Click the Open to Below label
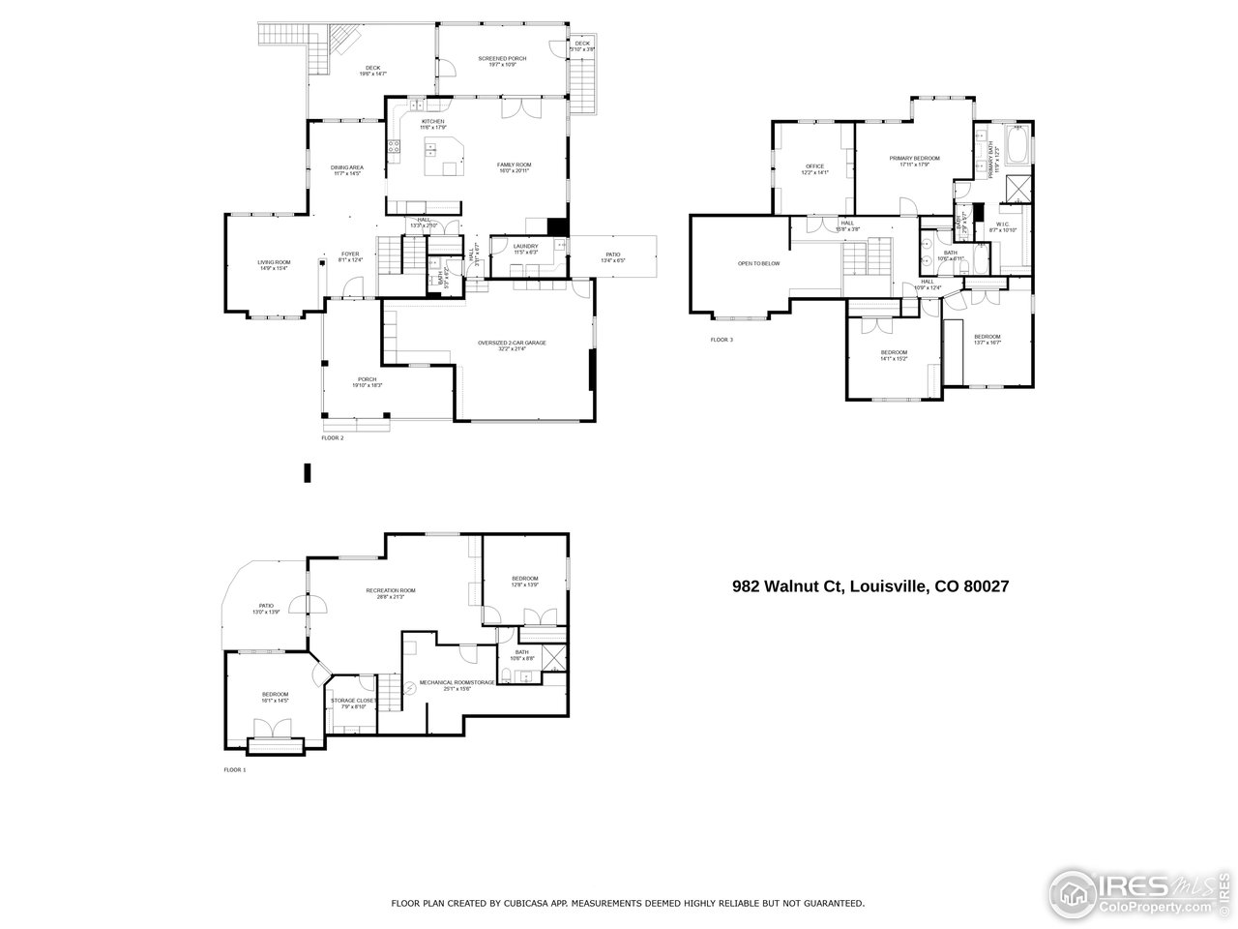point(759,263)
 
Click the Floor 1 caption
point(235,770)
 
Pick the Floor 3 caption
point(722,340)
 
